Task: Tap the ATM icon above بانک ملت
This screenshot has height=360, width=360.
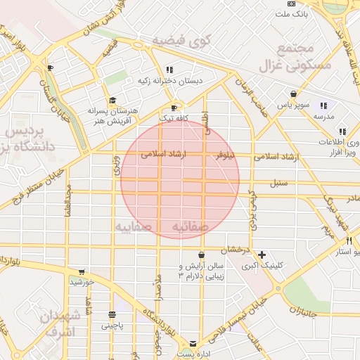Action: tap(292, 4)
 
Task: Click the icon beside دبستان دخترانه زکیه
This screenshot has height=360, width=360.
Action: tap(169, 70)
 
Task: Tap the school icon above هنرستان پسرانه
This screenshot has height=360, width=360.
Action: tap(112, 101)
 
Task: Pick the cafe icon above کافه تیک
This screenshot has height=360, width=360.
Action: tap(174, 108)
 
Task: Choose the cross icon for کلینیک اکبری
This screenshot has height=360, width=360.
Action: tap(262, 254)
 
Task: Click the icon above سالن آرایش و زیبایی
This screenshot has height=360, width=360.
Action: tap(202, 255)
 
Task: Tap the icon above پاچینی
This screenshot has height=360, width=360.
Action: tap(112, 314)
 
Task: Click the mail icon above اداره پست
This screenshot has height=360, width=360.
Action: tap(193, 343)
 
